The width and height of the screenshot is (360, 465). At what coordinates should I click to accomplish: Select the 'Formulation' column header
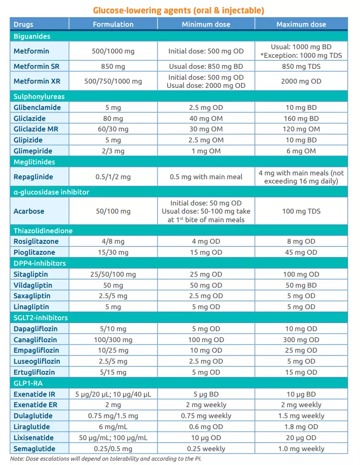pyautogui.click(x=113, y=24)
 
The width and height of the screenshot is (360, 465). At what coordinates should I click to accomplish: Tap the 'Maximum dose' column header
pyautogui.click(x=301, y=24)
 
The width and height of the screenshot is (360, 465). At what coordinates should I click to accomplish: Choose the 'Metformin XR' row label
pyautogui.click(x=35, y=81)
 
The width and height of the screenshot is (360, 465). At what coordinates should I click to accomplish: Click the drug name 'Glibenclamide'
pyautogui.click(x=37, y=108)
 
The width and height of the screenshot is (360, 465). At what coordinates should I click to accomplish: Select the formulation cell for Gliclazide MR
pyautogui.click(x=113, y=129)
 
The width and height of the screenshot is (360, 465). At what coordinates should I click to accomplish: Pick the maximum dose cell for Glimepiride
pyautogui.click(x=301, y=151)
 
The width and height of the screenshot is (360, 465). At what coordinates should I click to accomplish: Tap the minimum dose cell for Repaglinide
pyautogui.click(x=206, y=177)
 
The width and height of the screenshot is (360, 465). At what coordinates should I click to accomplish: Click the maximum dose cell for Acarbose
pyautogui.click(x=301, y=211)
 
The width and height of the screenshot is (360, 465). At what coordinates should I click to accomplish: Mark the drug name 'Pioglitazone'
pyautogui.click(x=34, y=252)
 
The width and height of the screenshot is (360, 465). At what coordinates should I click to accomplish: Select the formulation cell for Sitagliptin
pyautogui.click(x=113, y=274)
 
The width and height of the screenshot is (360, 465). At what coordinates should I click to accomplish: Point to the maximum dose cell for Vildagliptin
pyautogui.click(x=301, y=285)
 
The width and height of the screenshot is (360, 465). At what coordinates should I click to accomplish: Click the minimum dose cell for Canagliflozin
pyautogui.click(x=206, y=340)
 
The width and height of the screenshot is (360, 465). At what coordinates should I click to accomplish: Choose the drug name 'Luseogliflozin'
pyautogui.click(x=37, y=361)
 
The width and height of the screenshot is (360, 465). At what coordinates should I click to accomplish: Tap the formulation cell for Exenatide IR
pyautogui.click(x=113, y=394)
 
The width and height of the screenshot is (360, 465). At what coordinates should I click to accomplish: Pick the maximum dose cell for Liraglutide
pyautogui.click(x=301, y=427)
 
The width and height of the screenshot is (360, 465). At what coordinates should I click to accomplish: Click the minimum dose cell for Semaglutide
pyautogui.click(x=206, y=449)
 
